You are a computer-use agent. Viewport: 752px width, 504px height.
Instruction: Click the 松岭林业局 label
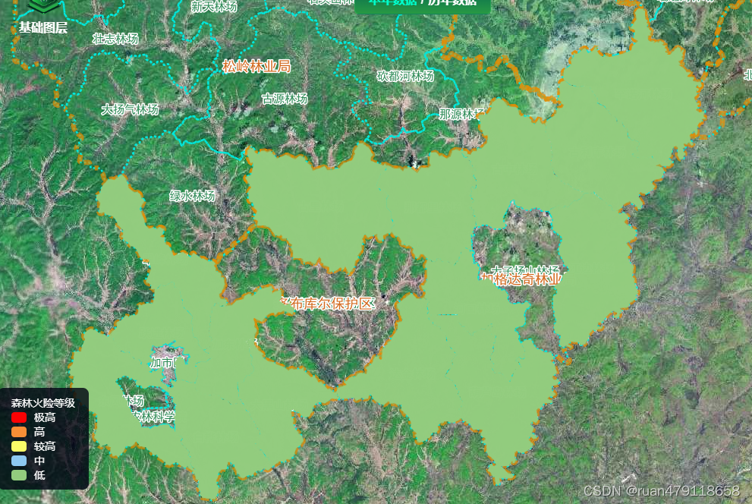pos(256,66)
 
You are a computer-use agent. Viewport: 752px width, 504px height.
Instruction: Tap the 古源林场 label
pos(285,99)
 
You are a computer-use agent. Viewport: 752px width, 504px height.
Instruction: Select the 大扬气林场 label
pos(131,109)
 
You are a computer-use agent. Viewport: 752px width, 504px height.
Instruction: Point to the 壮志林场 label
pos(115,39)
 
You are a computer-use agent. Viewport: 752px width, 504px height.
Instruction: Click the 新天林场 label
pos(214,7)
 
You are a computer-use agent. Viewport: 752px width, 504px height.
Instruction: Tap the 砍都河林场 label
pos(405,76)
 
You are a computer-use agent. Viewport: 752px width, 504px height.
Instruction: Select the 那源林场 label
pos(461,115)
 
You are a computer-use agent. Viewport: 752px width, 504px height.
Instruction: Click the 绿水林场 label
pos(192,196)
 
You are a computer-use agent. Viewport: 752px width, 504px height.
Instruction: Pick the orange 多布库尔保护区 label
pos(327,304)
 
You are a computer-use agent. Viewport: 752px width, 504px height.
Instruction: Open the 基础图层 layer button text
pos(43,28)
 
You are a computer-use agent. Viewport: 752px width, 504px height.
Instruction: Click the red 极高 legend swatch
pos(19,417)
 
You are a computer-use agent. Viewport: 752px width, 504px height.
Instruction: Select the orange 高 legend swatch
pos(19,432)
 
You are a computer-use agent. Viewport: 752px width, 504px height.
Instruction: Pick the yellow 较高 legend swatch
pos(19,446)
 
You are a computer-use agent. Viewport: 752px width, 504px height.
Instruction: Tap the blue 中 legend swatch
pos(19,461)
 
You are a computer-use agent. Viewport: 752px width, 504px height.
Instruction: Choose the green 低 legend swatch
pos(19,475)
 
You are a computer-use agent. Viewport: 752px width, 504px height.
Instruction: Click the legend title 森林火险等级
pos(42,403)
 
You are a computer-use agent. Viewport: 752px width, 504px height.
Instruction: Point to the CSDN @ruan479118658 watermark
pos(661,491)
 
